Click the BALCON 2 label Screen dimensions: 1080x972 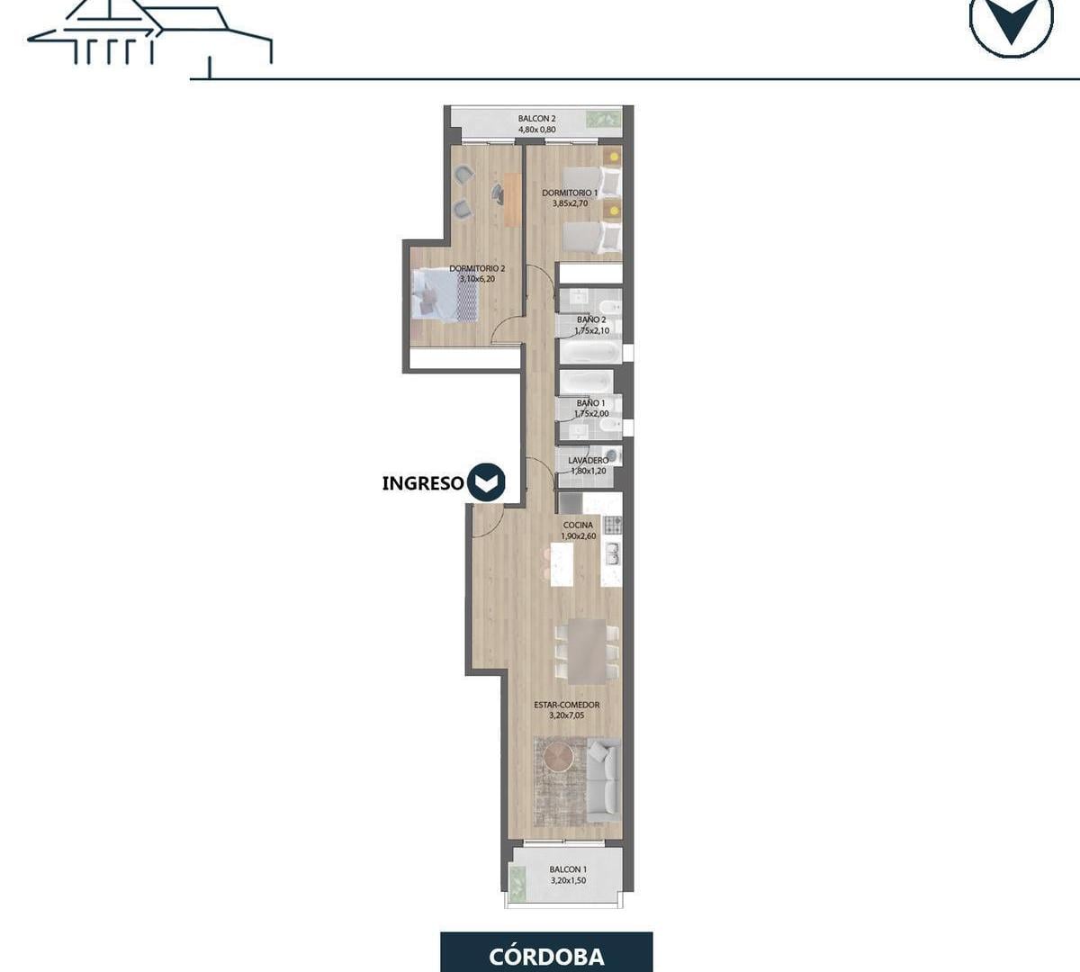[536, 118]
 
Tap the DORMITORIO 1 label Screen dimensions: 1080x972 [570, 193]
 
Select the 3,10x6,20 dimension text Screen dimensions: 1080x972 [477, 279]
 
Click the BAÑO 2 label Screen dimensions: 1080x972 [591, 319]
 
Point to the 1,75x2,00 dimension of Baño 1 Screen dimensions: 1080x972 [591, 414]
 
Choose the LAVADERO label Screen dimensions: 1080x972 [589, 461]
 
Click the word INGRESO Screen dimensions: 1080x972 [423, 483]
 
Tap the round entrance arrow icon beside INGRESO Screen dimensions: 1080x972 [486, 482]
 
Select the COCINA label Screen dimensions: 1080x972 [578, 525]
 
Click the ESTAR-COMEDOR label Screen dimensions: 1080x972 [566, 705]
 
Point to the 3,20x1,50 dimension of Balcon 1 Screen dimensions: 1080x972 [568, 880]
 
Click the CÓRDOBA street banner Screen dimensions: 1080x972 [546, 952]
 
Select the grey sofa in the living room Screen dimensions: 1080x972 [603, 779]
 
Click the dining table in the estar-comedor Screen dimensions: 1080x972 [587, 651]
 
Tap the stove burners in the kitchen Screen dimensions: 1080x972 [613, 525]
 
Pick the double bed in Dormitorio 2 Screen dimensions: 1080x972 [445, 295]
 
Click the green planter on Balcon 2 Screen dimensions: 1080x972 [603, 119]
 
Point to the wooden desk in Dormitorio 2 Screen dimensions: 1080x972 [512, 200]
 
